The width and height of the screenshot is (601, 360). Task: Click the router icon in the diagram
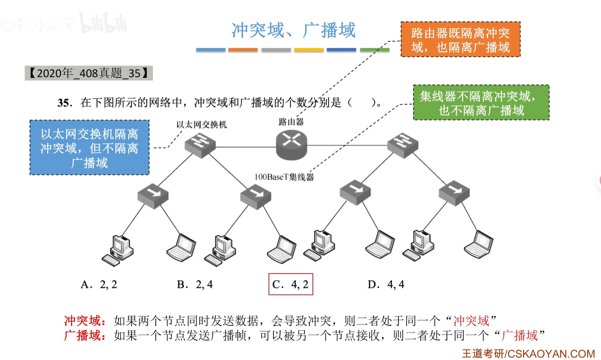click(x=292, y=145)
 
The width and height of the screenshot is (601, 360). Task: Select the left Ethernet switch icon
click(x=200, y=145)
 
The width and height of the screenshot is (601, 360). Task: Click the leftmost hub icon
click(x=153, y=195)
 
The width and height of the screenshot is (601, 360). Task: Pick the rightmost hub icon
click(x=454, y=193)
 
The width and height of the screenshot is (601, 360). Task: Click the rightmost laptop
click(x=478, y=245)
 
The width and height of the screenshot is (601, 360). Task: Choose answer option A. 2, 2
click(x=99, y=285)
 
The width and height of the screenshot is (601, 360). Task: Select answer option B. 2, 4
click(x=195, y=285)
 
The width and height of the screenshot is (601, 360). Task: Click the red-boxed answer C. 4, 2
click(x=291, y=284)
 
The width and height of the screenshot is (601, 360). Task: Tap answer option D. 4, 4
click(x=386, y=285)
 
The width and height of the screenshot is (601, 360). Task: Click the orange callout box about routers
click(x=461, y=40)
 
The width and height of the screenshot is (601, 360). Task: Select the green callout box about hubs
click(x=481, y=103)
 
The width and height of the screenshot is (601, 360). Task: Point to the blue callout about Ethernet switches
click(x=89, y=148)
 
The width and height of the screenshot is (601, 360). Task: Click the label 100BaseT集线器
click(x=284, y=177)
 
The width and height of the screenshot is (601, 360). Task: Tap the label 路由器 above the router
click(x=291, y=122)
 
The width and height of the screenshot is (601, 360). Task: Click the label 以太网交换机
click(x=201, y=125)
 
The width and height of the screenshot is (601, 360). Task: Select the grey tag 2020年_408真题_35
click(x=89, y=73)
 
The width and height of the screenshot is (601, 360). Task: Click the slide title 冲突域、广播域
click(x=293, y=30)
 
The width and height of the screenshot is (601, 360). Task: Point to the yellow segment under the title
click(x=309, y=50)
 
